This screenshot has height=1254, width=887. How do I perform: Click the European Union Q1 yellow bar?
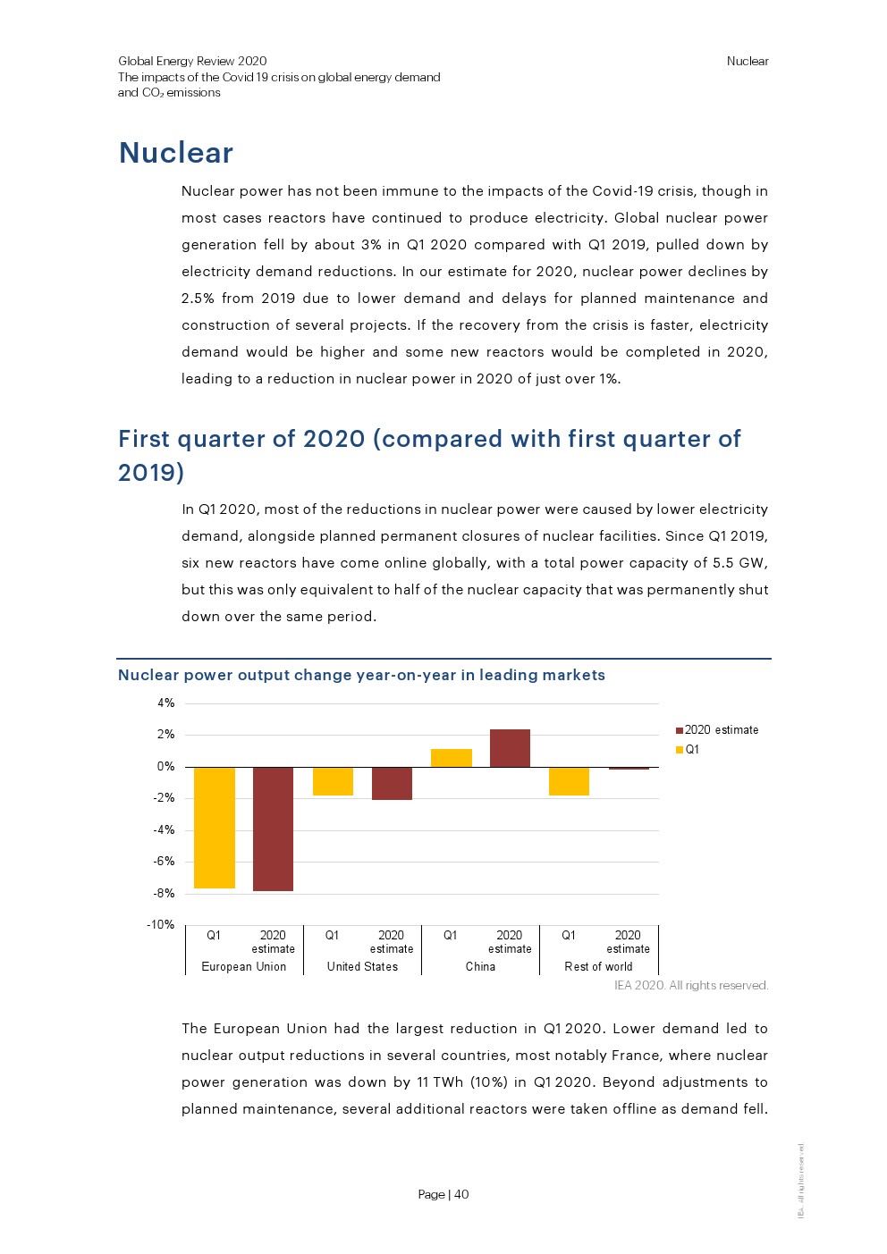pos(215,827)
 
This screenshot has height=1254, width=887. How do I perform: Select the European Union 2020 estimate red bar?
pos(273,829)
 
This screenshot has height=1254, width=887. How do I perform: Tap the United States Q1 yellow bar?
pos(333,781)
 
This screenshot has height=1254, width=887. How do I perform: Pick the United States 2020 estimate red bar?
pos(392,783)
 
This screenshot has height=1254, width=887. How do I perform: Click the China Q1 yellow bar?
pos(451,758)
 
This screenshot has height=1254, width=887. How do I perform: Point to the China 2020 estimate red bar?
pos(510,748)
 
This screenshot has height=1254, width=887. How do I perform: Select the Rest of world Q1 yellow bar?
pos(569,781)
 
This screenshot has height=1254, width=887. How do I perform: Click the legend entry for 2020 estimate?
pos(721,730)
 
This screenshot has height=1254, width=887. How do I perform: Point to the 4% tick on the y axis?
pos(166,703)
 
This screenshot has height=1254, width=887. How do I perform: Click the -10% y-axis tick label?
pos(161,925)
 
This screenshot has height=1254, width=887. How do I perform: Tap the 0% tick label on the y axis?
pos(166,767)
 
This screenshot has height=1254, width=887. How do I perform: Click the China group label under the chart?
pos(480,967)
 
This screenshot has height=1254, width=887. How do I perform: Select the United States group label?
pos(362,967)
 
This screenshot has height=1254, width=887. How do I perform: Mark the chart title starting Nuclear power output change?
pos(361,675)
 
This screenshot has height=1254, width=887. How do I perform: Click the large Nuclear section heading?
pos(176,153)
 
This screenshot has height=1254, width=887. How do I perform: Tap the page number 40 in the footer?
pos(461,1194)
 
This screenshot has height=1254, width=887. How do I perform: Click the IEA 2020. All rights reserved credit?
pos(690,986)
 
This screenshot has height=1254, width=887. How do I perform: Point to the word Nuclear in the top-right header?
pos(748,62)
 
